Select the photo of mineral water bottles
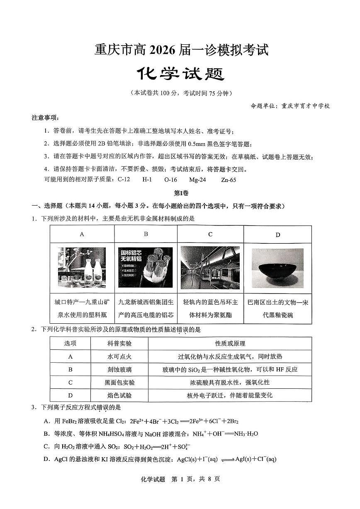pos(82,268)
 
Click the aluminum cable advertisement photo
pos(146,267)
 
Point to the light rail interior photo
pos(210,267)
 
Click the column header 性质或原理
pos(230,344)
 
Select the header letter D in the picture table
pos(277,235)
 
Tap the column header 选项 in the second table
pos(71,344)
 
